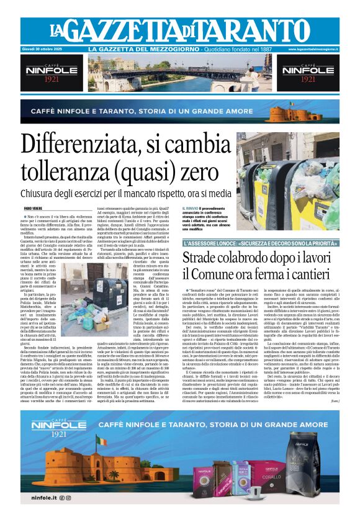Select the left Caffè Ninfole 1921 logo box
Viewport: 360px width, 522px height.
tap(52, 73)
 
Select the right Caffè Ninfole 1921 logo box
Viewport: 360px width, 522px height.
tap(308, 73)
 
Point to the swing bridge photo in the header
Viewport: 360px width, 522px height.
tap(180, 73)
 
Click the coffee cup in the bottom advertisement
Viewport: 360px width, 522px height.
tap(256, 492)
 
